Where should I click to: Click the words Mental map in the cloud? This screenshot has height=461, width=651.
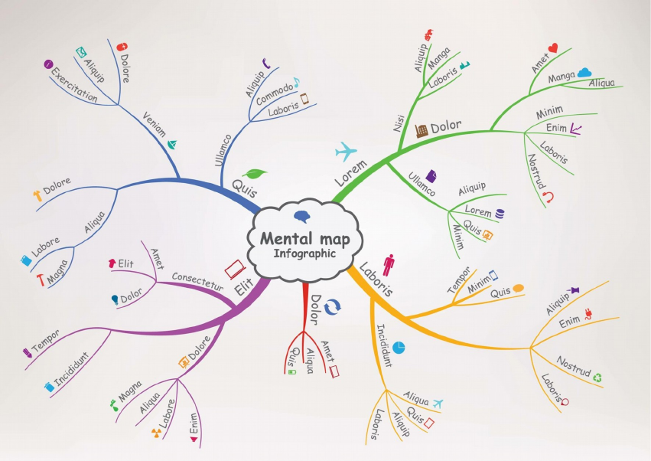point(304,239)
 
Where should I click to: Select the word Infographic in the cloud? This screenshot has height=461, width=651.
point(304,253)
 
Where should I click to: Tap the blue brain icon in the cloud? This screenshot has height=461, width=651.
point(302,217)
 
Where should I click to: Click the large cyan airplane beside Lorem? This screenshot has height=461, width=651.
point(346,152)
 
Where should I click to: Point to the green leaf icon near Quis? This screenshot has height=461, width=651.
point(255,173)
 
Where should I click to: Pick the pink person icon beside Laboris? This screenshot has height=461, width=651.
point(388,265)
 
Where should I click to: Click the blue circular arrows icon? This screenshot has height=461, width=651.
point(332,307)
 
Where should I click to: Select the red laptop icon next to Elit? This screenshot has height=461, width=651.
point(235,270)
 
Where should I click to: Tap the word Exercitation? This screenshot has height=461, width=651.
point(74,85)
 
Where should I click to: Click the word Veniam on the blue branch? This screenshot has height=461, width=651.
point(154,124)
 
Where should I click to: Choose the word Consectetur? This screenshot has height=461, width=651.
point(197,281)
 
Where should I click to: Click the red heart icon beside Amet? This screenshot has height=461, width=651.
point(553,48)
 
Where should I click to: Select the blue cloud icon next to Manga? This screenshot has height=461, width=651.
point(584,73)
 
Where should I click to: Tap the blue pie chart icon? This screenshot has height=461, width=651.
point(399,348)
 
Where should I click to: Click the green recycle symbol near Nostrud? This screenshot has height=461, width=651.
point(597,378)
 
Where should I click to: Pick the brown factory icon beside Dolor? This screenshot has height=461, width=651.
point(422,130)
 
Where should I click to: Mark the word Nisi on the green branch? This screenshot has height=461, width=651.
point(399,123)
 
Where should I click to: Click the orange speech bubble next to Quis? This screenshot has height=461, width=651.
point(518,288)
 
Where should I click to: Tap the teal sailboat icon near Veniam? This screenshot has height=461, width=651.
point(172,144)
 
